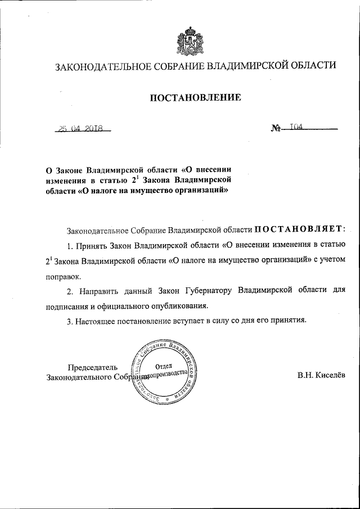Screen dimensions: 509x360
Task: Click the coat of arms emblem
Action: coord(187,39)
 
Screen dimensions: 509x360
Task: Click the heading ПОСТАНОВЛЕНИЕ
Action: coord(195,98)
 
